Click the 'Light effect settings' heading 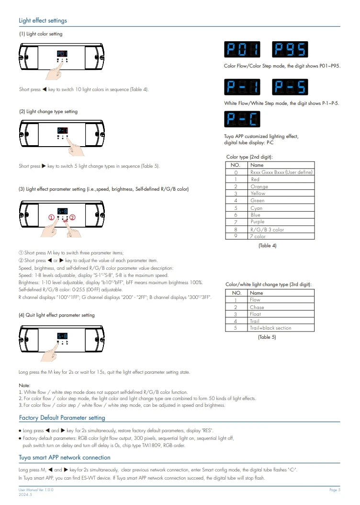tap(43, 21)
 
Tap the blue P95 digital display tap(290, 50)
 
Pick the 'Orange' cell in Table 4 tap(259, 186)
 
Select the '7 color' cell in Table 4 tap(257, 237)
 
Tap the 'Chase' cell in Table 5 tap(257, 307)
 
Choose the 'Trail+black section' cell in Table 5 tap(270, 328)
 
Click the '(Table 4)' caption tap(267, 246)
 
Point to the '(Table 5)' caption tap(267, 337)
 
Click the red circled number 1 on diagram tap(51, 217)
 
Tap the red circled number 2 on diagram tap(72, 217)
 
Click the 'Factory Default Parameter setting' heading tap(62, 418)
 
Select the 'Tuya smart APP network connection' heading tap(64, 458)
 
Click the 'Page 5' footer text tap(335, 490)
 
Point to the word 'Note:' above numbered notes tap(24, 385)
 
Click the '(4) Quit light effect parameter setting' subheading tap(56, 315)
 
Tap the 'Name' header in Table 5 tap(257, 293)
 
